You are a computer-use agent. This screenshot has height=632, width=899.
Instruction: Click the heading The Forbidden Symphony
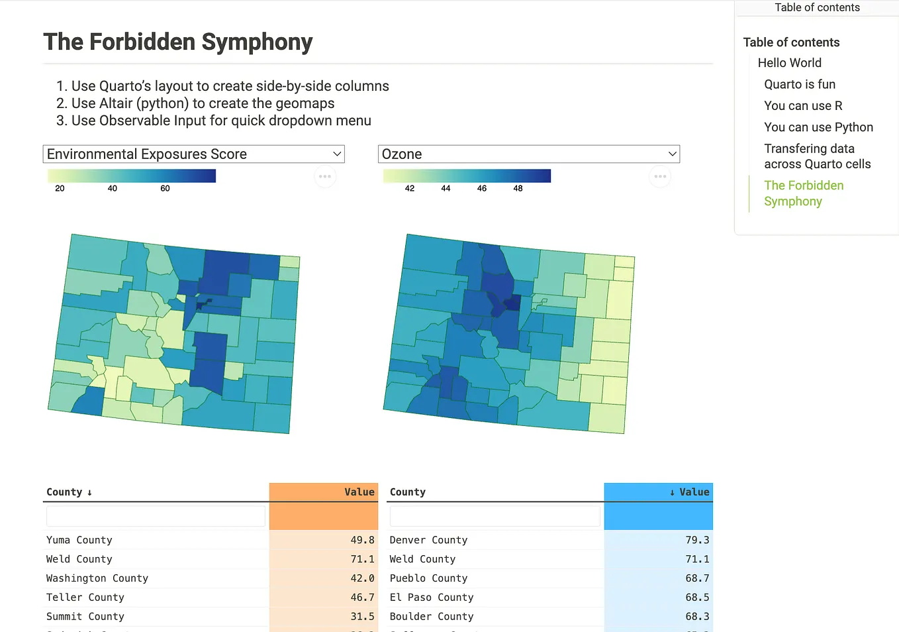coord(177,42)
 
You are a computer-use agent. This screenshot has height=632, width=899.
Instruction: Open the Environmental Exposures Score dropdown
coord(193,154)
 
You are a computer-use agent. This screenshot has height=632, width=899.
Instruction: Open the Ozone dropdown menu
coord(528,154)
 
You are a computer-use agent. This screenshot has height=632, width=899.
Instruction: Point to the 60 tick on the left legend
coord(165,189)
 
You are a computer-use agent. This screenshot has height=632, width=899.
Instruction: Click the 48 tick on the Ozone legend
coord(518,189)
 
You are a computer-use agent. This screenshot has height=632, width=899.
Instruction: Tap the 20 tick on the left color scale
coord(60,189)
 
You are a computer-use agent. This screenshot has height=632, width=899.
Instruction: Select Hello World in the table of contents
coord(789,63)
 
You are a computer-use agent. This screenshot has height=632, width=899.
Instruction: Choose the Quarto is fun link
coord(800,84)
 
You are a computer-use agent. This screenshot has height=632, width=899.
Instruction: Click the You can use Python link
coord(818,127)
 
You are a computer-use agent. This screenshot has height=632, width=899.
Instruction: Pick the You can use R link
coord(803,106)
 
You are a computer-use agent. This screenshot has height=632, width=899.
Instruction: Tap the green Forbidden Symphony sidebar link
coord(804,193)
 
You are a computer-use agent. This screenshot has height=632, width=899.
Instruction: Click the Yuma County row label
coord(79,540)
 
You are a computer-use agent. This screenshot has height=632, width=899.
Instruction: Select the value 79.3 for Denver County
coord(696,540)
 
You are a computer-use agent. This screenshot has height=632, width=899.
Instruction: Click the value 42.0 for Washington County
coord(362,578)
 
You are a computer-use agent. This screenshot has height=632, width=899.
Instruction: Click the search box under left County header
coord(156,516)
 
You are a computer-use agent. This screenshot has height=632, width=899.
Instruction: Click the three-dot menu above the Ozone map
coord(660,176)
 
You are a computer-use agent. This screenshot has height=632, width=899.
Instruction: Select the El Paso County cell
coord(432,598)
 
